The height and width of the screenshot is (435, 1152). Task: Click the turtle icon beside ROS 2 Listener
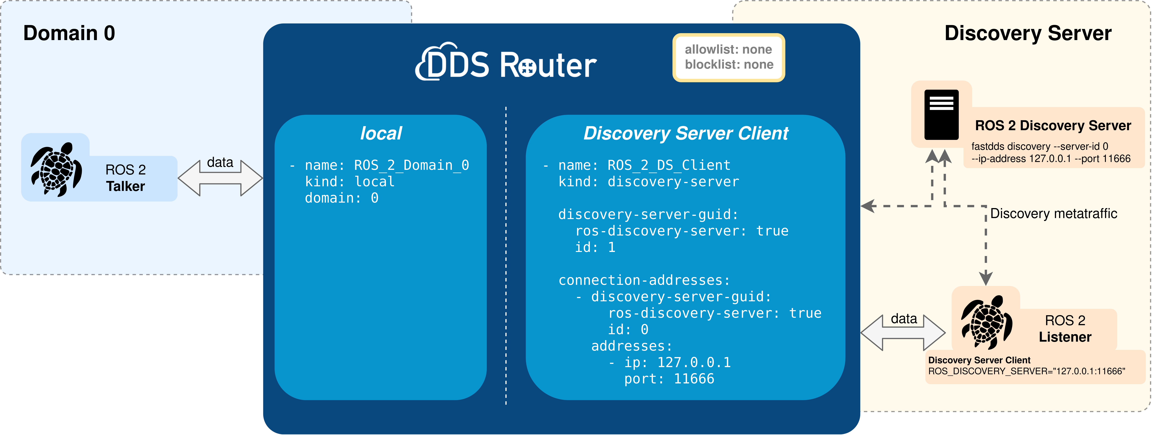click(x=986, y=322)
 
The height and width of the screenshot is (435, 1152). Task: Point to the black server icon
click(x=941, y=115)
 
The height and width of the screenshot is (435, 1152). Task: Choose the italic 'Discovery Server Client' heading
click(x=686, y=133)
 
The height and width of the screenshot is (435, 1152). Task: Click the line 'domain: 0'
click(x=341, y=198)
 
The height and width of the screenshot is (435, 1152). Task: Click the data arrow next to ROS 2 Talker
click(x=220, y=178)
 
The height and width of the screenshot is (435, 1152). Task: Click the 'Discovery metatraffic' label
click(x=1053, y=214)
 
